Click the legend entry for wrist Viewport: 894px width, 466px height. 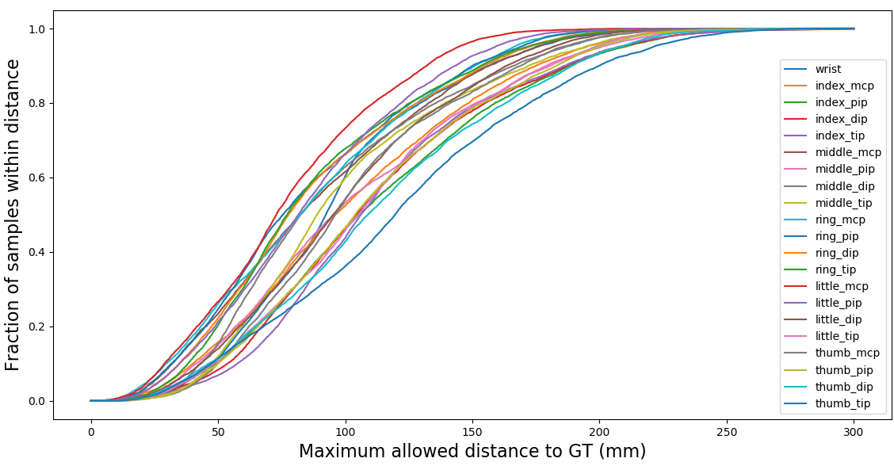[x=828, y=69]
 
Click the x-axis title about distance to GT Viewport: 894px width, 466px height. [x=472, y=452]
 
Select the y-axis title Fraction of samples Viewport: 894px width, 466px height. [x=13, y=214]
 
